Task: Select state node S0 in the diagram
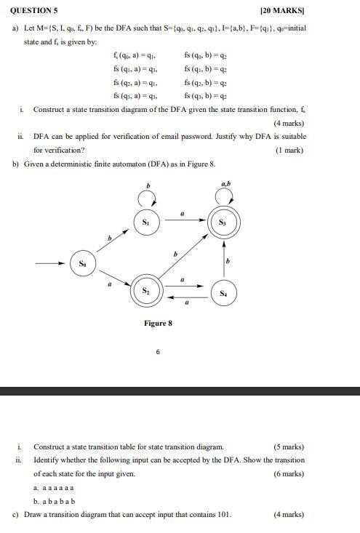(x=82, y=263)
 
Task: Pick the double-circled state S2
(x=145, y=292)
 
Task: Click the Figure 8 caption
(x=158, y=323)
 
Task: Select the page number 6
(x=158, y=351)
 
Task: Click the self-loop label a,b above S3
(x=225, y=184)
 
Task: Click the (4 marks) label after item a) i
(x=289, y=123)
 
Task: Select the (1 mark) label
(x=291, y=151)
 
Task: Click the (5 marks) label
(x=289, y=446)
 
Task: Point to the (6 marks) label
(x=289, y=473)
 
